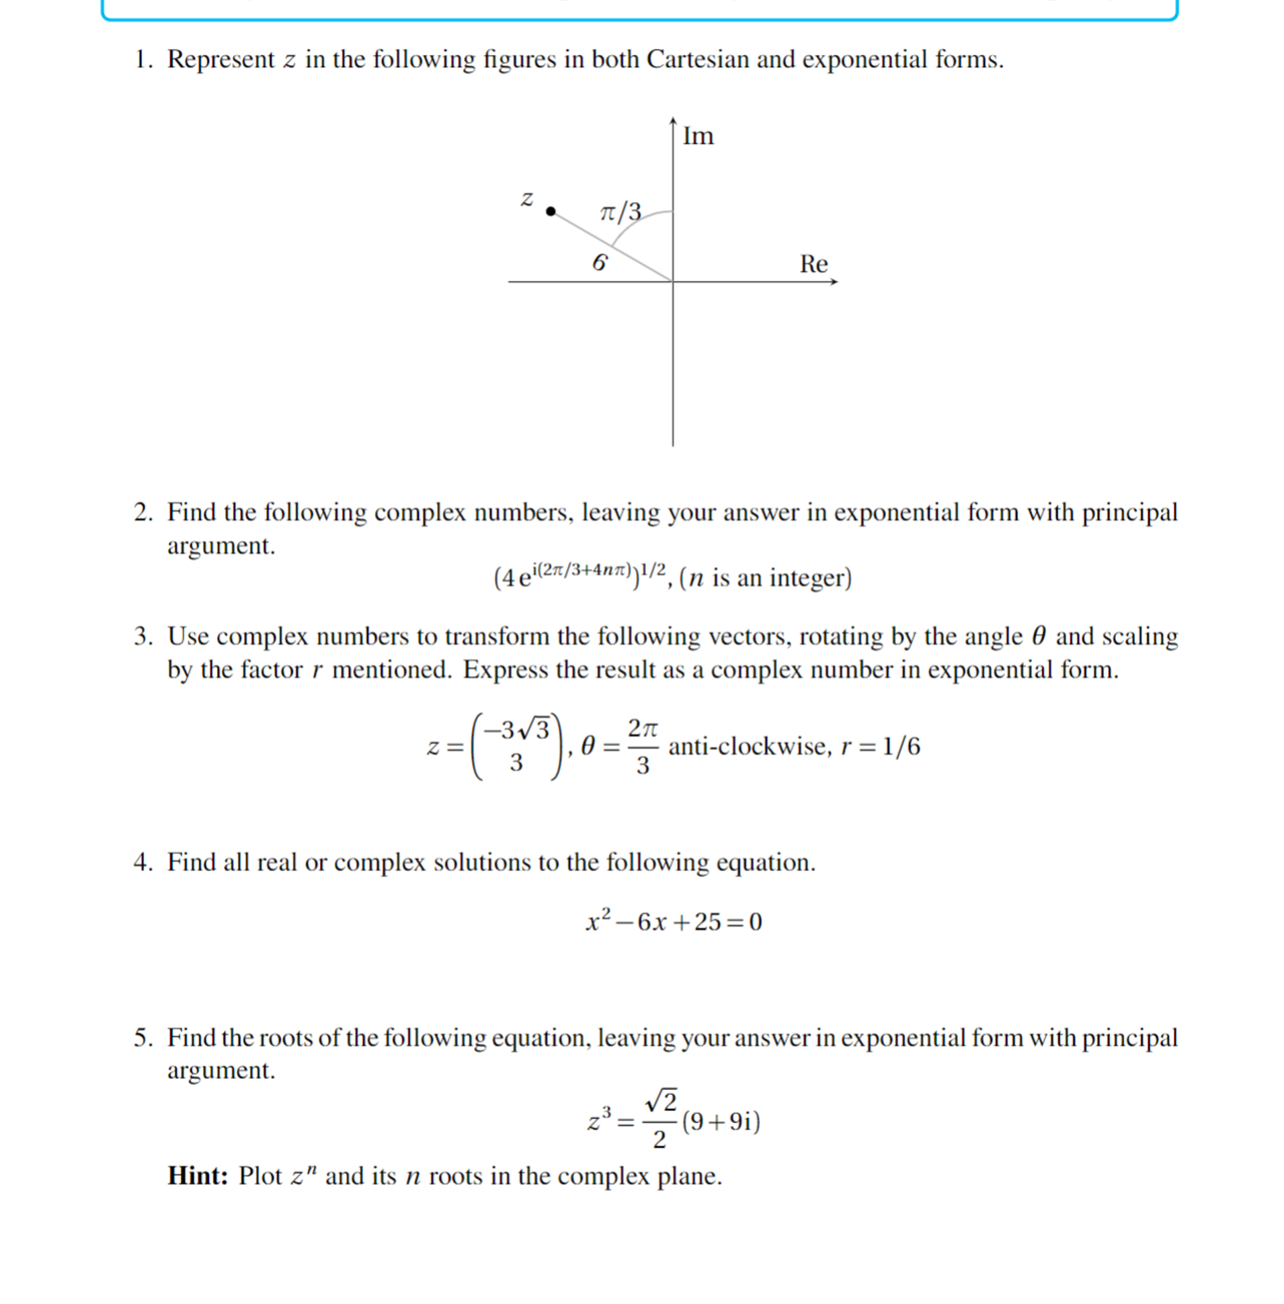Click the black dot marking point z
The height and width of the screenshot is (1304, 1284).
(551, 212)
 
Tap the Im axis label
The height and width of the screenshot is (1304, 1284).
(697, 136)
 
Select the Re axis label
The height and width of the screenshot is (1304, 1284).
(813, 263)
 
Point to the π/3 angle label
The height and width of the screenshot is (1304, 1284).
(620, 212)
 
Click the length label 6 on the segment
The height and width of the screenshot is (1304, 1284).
(599, 263)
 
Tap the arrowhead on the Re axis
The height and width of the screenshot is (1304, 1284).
(834, 282)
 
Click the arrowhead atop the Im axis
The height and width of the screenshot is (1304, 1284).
(672, 121)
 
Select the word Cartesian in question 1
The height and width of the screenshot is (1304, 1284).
(698, 59)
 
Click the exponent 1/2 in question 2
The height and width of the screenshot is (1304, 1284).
(653, 571)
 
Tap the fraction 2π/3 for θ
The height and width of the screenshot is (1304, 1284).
(642, 746)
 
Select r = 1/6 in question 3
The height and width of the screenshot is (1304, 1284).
(880, 746)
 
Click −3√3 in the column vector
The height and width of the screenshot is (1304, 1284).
(516, 729)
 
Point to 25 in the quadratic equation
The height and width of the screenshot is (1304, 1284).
(707, 922)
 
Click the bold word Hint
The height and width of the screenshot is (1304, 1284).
(198, 1176)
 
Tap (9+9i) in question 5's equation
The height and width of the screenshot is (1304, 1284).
(721, 1122)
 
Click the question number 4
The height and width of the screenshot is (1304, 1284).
(142, 862)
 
